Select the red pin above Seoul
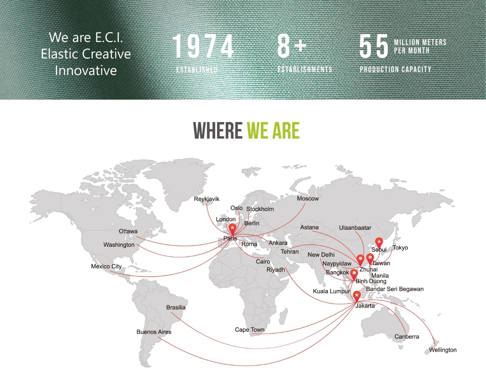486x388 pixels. click(379, 243)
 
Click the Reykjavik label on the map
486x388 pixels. click(206, 199)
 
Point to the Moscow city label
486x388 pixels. click(307, 199)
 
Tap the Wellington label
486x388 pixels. click(443, 350)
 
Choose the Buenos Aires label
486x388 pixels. click(154, 332)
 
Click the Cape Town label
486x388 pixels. click(249, 330)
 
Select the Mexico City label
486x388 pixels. click(106, 266)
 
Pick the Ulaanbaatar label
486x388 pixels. click(355, 228)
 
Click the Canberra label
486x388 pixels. click(407, 336)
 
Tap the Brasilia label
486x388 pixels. click(176, 307)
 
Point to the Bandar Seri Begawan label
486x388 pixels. click(395, 289)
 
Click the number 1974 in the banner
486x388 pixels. click(203, 46)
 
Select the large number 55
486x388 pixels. click(374, 46)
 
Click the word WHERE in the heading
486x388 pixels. click(218, 130)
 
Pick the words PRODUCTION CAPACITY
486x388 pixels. click(395, 69)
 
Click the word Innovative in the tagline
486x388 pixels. click(86, 70)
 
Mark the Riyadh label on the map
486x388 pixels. click(276, 270)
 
